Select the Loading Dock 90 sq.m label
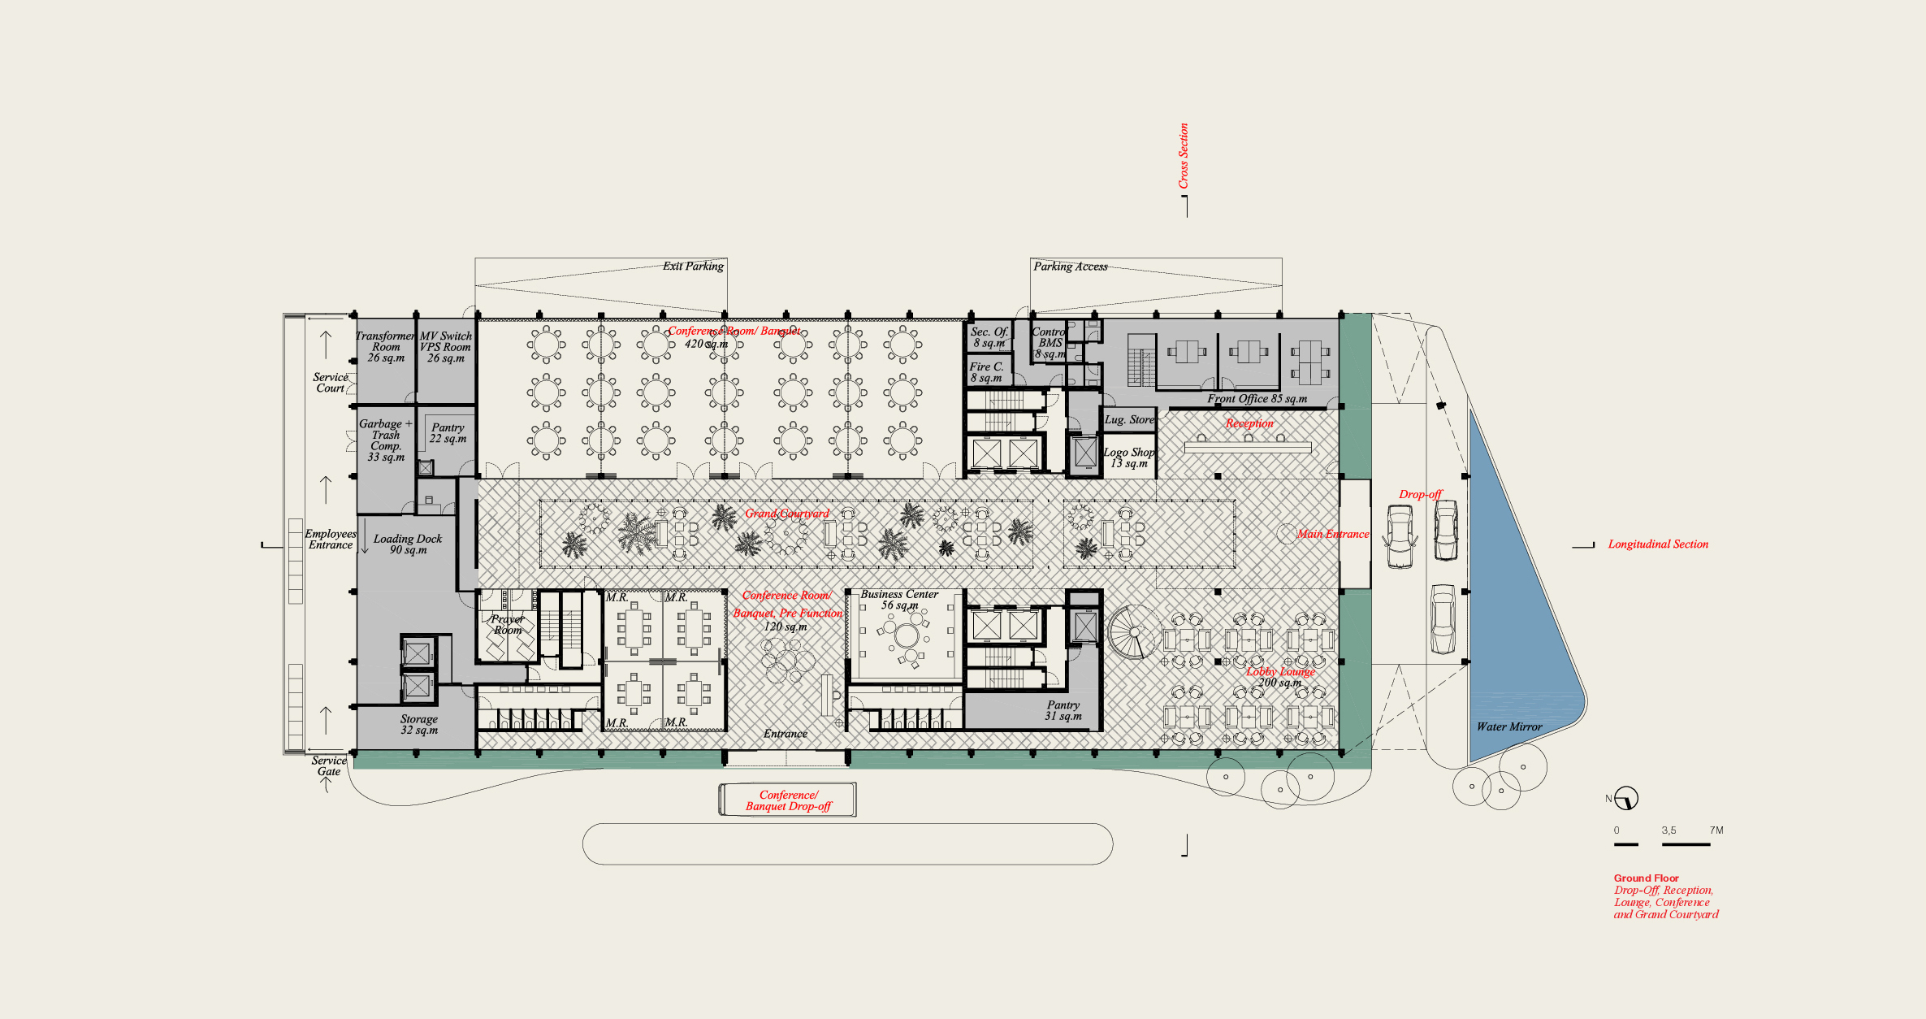click(x=408, y=544)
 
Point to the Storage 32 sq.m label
click(x=419, y=725)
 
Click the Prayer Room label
click(x=508, y=625)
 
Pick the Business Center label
click(x=899, y=595)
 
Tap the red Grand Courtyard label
click(x=787, y=514)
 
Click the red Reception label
click(x=1249, y=423)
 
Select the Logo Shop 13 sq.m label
click(x=1129, y=457)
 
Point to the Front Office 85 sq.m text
click(x=1257, y=399)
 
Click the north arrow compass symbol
click(x=1626, y=799)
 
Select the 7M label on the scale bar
click(x=1716, y=830)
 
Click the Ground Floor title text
click(x=1646, y=878)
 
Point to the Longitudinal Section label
click(x=1658, y=544)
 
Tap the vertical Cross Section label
click(x=1184, y=156)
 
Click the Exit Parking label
click(x=693, y=267)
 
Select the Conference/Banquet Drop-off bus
click(x=788, y=800)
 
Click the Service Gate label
click(x=329, y=766)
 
